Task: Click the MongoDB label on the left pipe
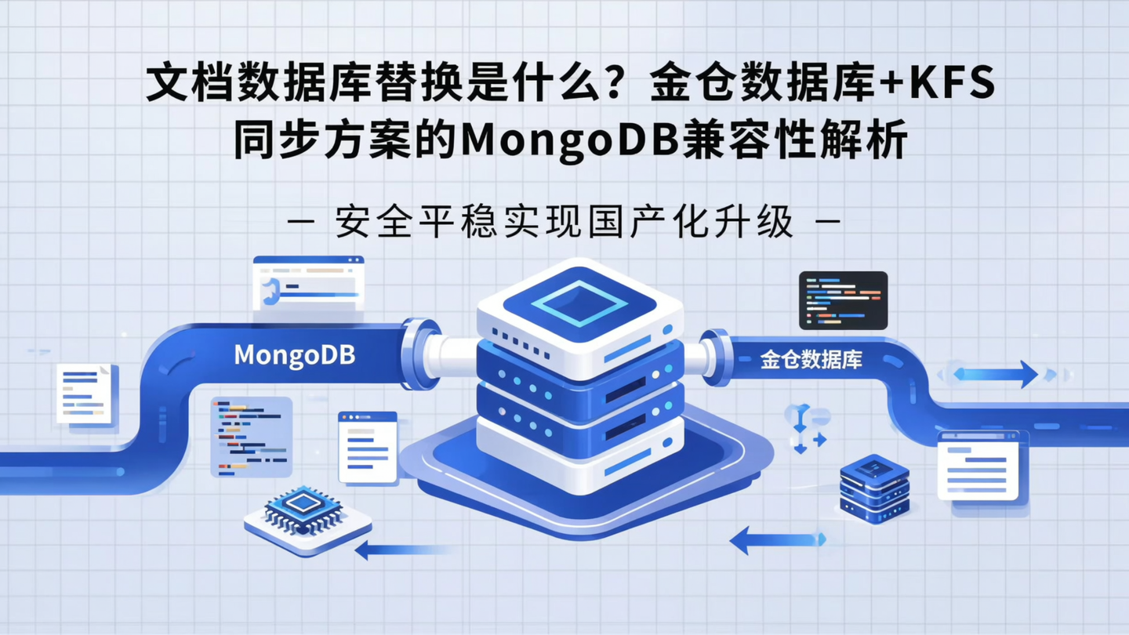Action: click(294, 355)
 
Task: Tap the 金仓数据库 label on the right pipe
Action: click(811, 360)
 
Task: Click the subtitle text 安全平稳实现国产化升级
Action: click(564, 223)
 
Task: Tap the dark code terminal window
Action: click(843, 300)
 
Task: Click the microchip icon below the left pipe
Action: click(307, 514)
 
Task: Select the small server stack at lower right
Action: click(874, 488)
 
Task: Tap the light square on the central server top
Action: click(579, 302)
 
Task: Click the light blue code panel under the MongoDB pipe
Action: click(251, 437)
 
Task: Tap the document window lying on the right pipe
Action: click(978, 466)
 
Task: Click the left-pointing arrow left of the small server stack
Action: click(776, 539)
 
